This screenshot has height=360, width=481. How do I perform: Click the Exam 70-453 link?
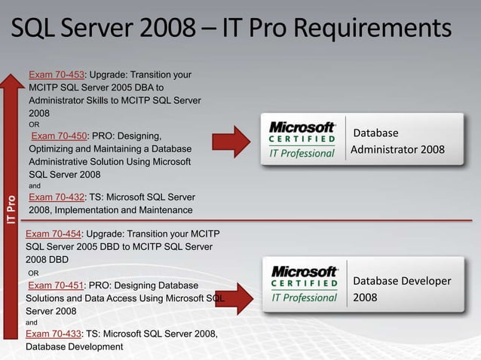coord(57,75)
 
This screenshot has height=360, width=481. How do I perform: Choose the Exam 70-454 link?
coord(54,233)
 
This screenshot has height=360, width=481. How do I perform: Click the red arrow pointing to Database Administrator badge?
coord(231,142)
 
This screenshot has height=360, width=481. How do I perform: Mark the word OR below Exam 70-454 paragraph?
coord(34,273)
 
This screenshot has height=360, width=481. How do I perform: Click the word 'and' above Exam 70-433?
coord(32,322)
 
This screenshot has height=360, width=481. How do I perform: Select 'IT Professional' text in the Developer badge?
coord(303,298)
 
